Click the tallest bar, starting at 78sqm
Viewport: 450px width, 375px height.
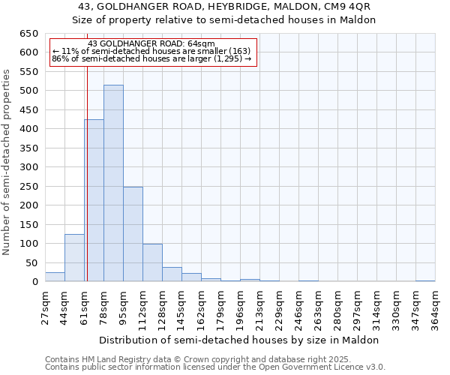[x=113, y=184]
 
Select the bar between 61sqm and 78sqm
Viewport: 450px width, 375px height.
[x=94, y=201]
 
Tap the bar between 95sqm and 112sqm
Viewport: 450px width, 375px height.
[x=133, y=234]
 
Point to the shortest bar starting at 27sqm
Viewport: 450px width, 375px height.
[x=55, y=277]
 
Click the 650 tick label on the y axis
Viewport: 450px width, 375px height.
[x=28, y=34]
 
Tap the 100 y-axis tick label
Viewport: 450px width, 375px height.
[x=28, y=244]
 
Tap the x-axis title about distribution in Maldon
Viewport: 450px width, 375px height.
[x=239, y=340]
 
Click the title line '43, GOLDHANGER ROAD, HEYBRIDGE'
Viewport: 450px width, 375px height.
[x=224, y=7]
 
